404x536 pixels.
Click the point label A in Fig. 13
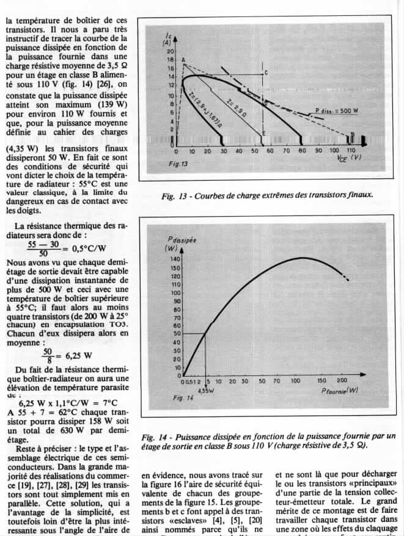click(183, 59)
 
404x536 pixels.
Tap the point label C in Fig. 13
click(266, 72)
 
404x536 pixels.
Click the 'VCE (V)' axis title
click(348, 158)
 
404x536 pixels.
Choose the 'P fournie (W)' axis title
click(340, 391)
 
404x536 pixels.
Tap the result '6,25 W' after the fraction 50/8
click(77, 356)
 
